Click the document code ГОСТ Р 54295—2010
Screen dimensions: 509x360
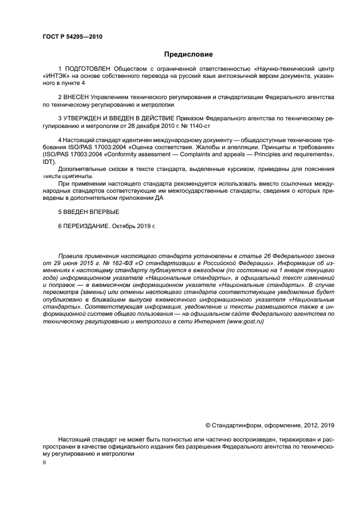[72, 37]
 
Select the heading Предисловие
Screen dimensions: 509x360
[188, 54]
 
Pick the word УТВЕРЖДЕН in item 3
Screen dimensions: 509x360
[83, 118]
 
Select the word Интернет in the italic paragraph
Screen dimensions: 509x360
[206, 322]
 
